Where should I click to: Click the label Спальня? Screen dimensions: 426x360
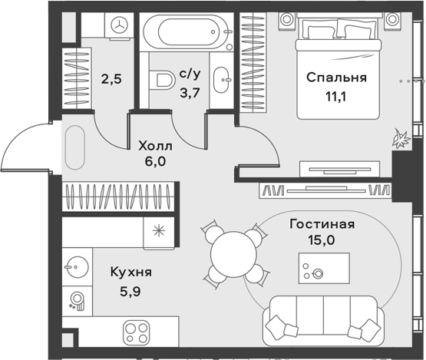(337, 78)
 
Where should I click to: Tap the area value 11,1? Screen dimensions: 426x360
(336, 97)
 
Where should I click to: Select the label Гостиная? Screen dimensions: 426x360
(322, 224)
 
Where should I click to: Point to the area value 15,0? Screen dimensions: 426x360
(322, 240)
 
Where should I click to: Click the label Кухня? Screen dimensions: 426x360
(131, 272)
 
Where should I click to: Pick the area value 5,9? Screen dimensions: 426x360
(130, 292)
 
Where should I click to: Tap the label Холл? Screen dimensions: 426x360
(155, 146)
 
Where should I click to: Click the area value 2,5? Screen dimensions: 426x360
(111, 79)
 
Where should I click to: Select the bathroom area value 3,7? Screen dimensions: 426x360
(190, 93)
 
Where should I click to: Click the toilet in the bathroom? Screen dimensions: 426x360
(162, 81)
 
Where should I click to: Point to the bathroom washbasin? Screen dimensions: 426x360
(222, 80)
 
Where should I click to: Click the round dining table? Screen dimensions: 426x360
(233, 255)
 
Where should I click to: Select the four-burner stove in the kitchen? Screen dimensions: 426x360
(137, 331)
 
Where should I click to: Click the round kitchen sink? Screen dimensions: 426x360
(78, 267)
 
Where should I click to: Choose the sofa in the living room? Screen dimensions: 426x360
(323, 321)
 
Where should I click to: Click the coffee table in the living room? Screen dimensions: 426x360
(324, 268)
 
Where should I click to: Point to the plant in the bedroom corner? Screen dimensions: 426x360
(401, 139)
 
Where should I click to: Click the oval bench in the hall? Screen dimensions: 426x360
(75, 148)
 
